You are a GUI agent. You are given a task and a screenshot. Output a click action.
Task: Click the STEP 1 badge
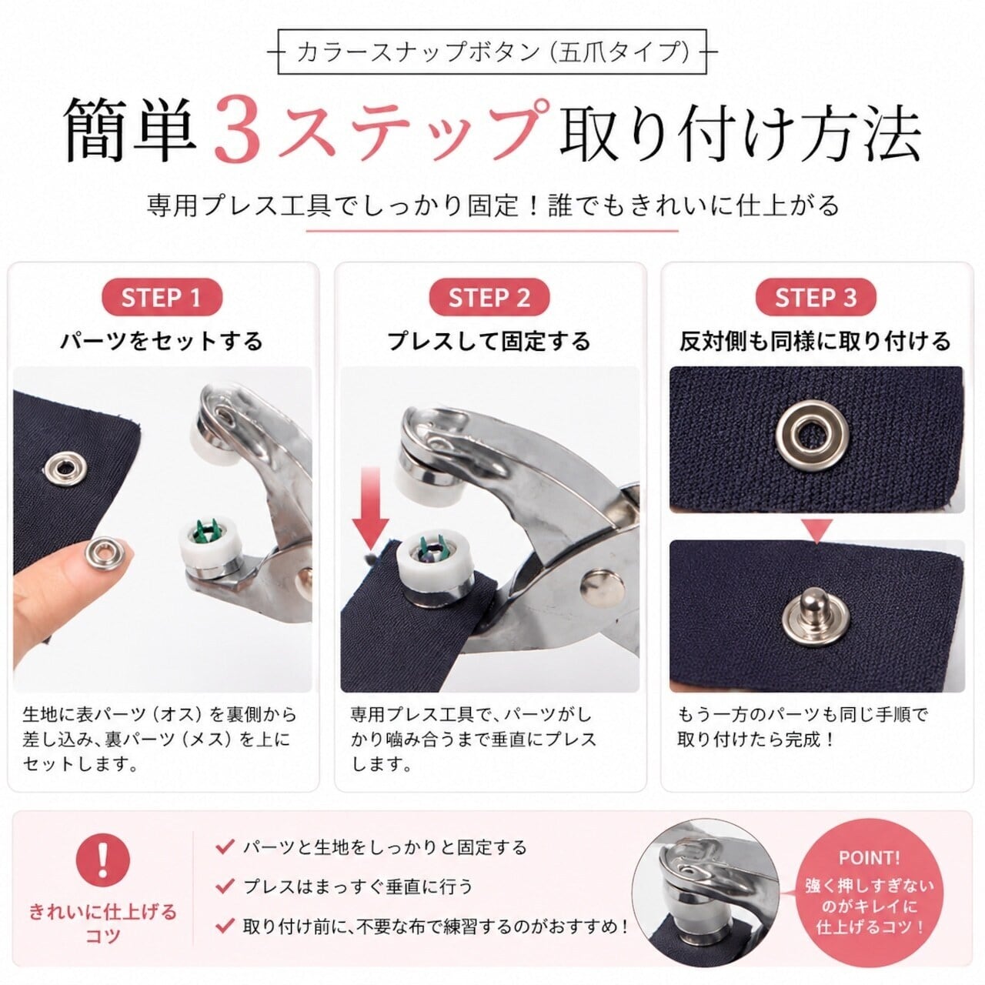click(x=162, y=298)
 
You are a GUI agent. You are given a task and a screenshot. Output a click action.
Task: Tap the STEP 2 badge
click(x=489, y=298)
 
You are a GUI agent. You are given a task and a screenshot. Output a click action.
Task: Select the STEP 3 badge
click(x=816, y=298)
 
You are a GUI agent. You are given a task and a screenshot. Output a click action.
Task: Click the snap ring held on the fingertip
click(x=98, y=552)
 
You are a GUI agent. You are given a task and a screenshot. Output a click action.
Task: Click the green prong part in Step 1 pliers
click(x=207, y=533)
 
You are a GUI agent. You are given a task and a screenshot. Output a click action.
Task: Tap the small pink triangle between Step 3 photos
click(x=816, y=531)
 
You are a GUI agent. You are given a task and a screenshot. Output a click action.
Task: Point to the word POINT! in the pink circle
click(x=869, y=858)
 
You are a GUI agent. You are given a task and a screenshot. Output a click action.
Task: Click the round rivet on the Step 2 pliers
click(x=603, y=589)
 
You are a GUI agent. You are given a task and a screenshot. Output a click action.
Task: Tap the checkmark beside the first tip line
click(x=225, y=846)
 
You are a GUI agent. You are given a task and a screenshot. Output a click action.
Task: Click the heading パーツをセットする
click(x=162, y=341)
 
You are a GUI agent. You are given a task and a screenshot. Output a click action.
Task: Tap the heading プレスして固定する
click(x=489, y=341)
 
